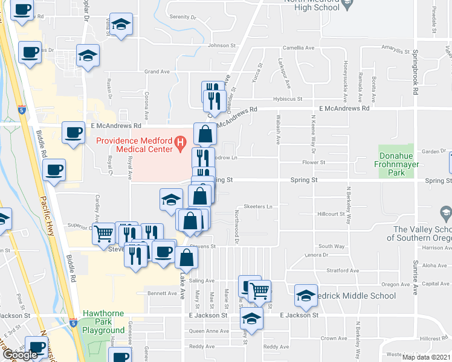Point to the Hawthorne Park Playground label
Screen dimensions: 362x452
click(103, 326)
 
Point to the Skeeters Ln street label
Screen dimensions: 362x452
click(258, 207)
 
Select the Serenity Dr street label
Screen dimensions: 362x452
click(183, 17)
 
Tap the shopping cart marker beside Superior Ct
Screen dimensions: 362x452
click(104, 233)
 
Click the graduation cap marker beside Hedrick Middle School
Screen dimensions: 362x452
click(306, 296)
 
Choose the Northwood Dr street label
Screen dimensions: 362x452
click(237, 227)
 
